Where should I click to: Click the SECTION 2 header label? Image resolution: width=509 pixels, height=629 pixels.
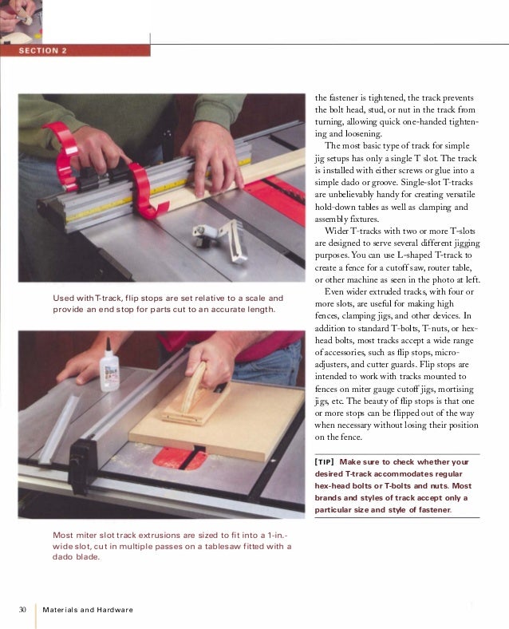(43, 50)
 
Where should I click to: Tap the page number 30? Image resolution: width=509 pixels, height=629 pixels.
(22, 609)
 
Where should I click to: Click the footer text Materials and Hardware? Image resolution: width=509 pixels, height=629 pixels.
(88, 610)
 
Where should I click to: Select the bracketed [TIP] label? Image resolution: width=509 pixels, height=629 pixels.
(324, 462)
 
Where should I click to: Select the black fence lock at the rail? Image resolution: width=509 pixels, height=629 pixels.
(83, 466)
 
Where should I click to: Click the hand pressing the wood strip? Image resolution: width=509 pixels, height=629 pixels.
(212, 159)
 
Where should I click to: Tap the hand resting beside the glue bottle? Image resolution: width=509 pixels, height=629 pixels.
(81, 366)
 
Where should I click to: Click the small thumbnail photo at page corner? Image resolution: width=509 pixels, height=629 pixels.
(21, 22)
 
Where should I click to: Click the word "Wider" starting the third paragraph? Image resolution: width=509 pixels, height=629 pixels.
(336, 231)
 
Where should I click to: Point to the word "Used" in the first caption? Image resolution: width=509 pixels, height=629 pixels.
(63, 298)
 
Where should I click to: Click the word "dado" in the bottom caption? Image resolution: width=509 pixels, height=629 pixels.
(62, 557)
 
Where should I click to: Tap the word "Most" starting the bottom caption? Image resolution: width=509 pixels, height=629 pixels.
(62, 535)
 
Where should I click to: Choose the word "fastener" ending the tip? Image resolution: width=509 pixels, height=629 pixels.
(435, 510)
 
